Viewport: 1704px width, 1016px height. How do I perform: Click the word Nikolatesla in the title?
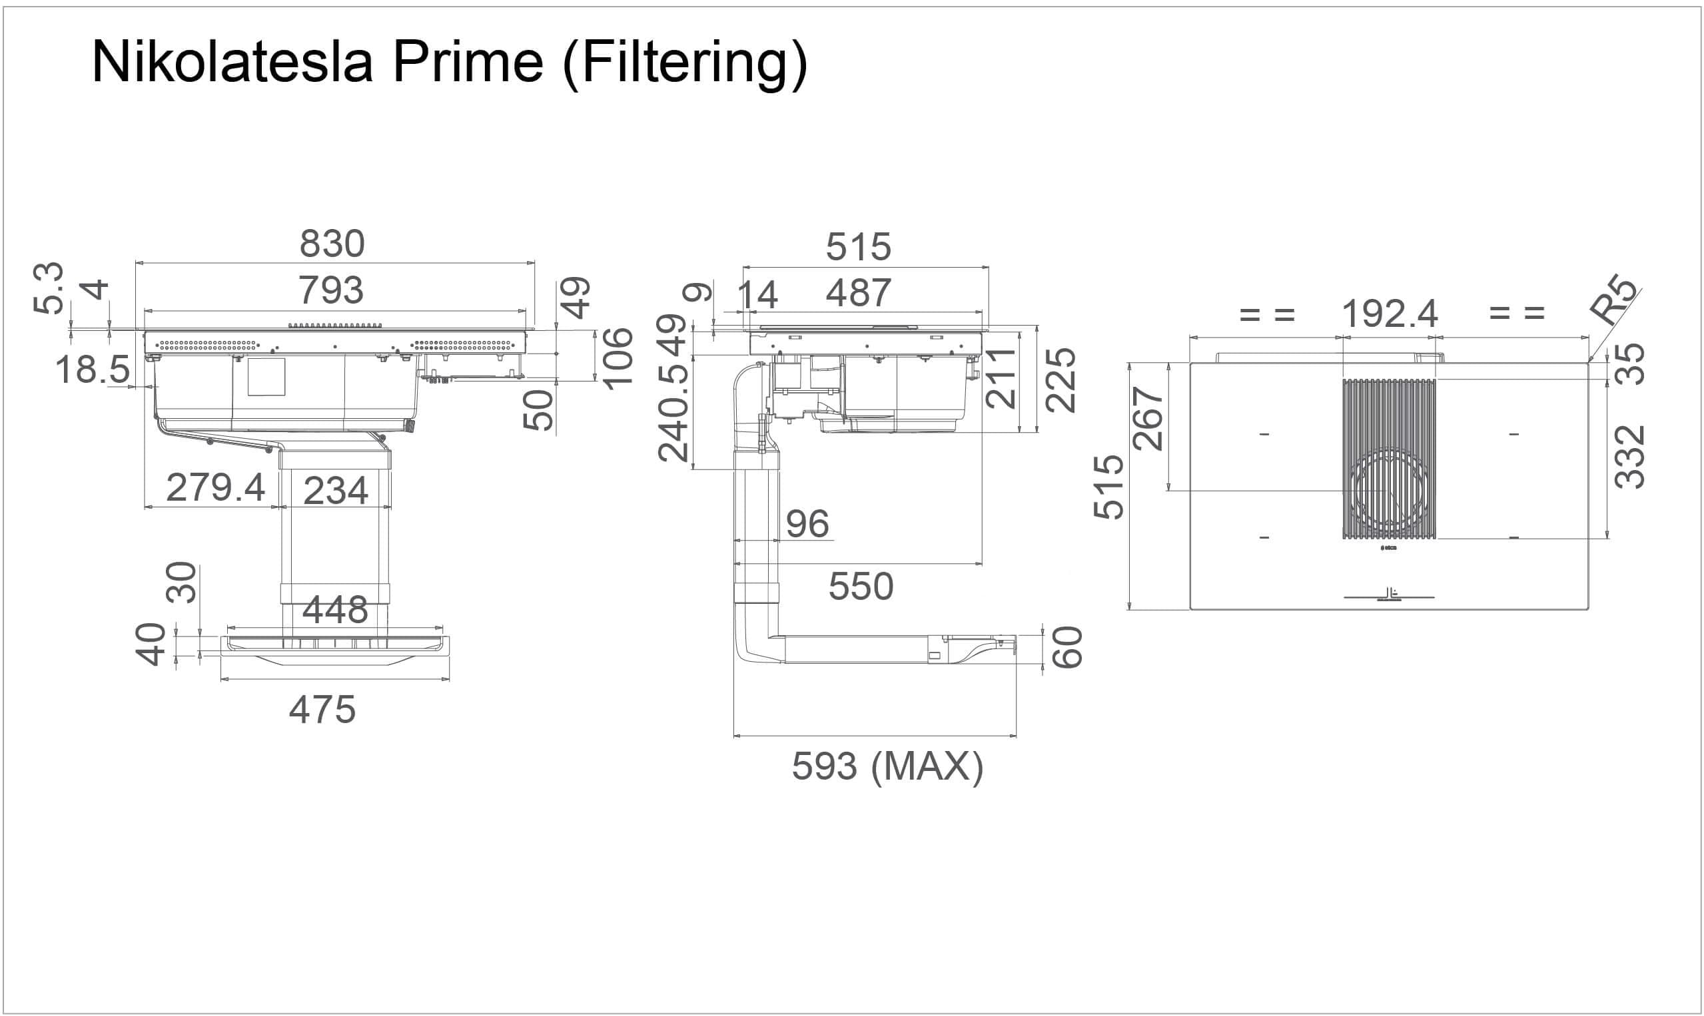point(232,62)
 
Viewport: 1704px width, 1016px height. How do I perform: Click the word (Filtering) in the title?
point(684,65)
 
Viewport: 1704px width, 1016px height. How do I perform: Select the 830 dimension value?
point(332,244)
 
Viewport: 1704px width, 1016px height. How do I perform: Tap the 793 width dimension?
point(331,290)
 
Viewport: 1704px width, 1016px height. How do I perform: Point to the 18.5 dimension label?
point(93,370)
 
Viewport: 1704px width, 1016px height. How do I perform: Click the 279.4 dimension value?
point(216,488)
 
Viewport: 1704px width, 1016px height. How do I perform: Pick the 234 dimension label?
point(336,491)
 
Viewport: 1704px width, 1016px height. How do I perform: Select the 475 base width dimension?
point(322,709)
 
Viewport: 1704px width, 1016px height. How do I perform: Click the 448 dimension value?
point(336,609)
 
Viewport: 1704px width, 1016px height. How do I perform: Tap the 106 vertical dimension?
point(618,358)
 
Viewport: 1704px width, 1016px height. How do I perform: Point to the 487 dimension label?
point(858,293)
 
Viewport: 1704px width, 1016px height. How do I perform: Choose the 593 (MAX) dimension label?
point(887,766)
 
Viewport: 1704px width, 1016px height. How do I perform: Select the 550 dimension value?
point(861,587)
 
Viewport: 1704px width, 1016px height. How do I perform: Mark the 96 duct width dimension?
point(807,525)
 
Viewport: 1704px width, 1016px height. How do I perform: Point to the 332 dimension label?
point(1630,457)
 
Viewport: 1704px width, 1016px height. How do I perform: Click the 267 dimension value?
point(1148,418)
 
